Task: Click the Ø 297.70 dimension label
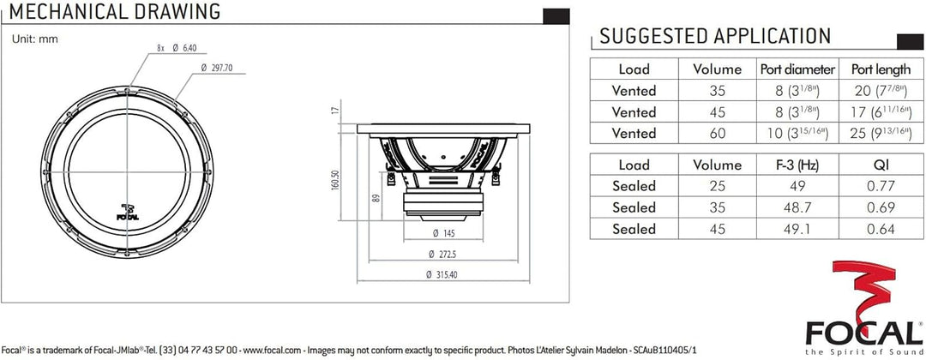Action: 217,68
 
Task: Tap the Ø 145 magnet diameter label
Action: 443,233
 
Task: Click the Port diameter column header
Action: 797,69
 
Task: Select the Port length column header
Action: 881,69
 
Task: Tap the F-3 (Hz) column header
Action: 797,165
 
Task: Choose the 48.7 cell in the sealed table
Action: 797,207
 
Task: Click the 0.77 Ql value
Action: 880,187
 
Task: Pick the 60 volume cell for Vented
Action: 717,134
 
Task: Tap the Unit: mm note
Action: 35,39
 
